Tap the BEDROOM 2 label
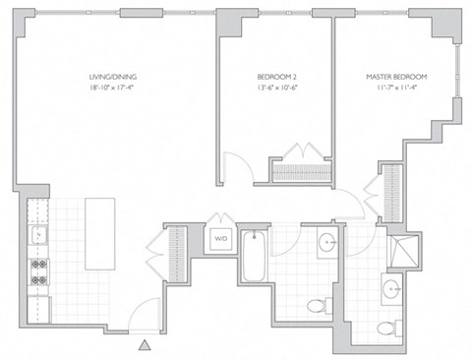point(277,76)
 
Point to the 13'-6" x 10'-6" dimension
point(277,88)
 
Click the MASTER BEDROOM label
point(396,76)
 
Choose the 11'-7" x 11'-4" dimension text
point(396,88)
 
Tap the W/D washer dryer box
point(219,238)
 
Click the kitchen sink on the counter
point(39,234)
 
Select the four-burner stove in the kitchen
point(40,270)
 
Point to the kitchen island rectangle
point(100,233)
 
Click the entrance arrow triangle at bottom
point(146,344)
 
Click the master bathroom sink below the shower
point(392,288)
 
